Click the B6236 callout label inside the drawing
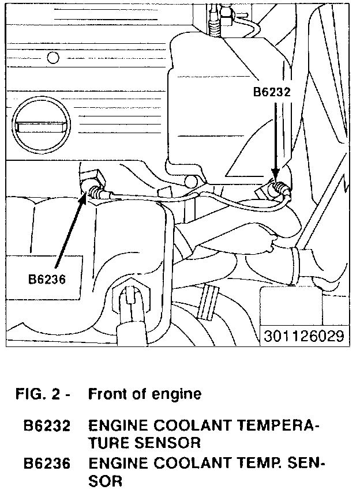[47, 279]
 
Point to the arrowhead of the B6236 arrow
[86, 196]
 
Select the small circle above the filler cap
[53, 58]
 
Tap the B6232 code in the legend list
[47, 427]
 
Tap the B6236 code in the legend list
[47, 463]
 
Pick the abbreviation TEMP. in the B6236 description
[249, 463]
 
